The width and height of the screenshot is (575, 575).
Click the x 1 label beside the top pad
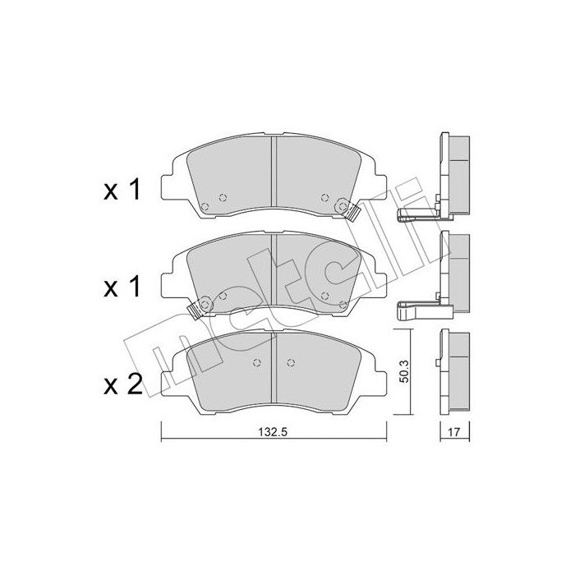click(x=122, y=191)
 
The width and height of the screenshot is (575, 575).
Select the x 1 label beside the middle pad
click(x=122, y=287)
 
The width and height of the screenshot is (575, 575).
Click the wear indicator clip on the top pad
click(x=354, y=212)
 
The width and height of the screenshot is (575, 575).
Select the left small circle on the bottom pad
click(x=255, y=365)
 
